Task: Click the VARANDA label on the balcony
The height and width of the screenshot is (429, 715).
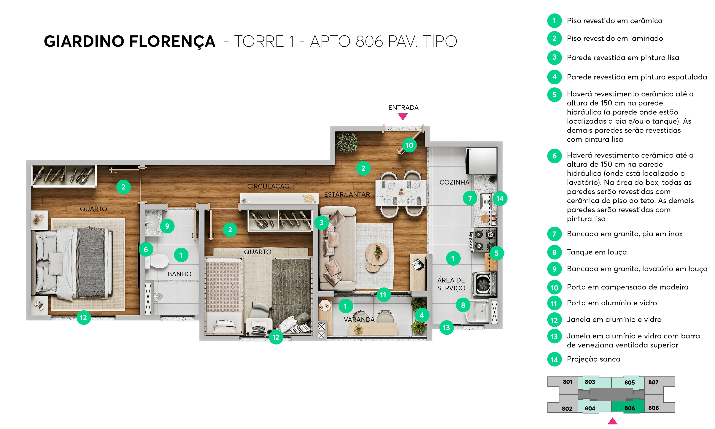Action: (x=359, y=320)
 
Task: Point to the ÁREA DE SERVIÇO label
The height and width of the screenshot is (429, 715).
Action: (x=451, y=284)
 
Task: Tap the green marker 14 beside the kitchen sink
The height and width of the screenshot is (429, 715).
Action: (x=500, y=199)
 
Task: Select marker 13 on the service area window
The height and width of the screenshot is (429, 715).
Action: (x=447, y=328)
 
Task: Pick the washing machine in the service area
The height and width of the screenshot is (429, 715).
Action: (x=484, y=284)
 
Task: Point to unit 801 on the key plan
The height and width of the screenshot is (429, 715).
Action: (x=567, y=382)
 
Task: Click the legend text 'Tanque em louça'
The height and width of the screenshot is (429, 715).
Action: (x=597, y=252)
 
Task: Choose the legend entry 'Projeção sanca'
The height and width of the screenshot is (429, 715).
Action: (x=593, y=359)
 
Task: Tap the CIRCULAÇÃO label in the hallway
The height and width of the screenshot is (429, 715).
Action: (x=268, y=186)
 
